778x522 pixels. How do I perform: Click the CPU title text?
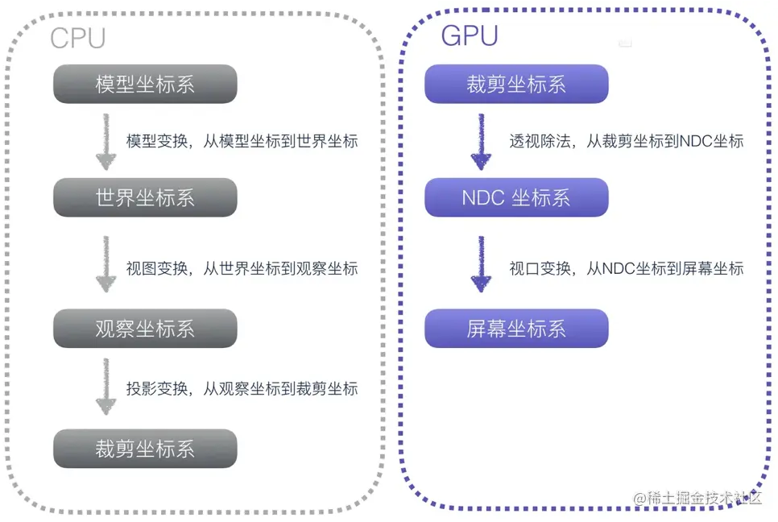click(78, 38)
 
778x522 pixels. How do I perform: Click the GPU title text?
click(469, 35)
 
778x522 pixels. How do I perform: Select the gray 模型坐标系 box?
click(145, 85)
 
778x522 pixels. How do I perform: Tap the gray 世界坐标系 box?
click(145, 197)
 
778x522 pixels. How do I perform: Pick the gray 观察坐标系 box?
click(145, 329)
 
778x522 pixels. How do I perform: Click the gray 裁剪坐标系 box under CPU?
click(145, 449)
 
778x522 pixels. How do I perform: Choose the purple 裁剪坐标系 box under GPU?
click(516, 85)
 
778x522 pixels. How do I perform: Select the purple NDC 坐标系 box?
click(516, 197)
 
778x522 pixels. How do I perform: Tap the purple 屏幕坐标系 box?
click(516, 329)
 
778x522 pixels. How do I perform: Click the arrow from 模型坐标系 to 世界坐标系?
click(105, 141)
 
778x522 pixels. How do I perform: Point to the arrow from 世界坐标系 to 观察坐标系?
click(105, 263)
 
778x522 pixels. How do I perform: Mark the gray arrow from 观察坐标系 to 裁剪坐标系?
click(105, 387)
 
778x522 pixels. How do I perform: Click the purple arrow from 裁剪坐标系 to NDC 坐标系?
click(480, 141)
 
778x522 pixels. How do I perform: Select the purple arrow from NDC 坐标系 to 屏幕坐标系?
click(480, 263)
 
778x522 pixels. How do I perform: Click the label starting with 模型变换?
click(242, 141)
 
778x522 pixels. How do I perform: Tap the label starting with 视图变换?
click(242, 269)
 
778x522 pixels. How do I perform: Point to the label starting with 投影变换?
click(242, 389)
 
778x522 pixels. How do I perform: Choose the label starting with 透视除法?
click(626, 141)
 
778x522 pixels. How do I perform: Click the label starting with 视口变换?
click(626, 269)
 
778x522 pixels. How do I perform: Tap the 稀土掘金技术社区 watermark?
click(697, 499)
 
